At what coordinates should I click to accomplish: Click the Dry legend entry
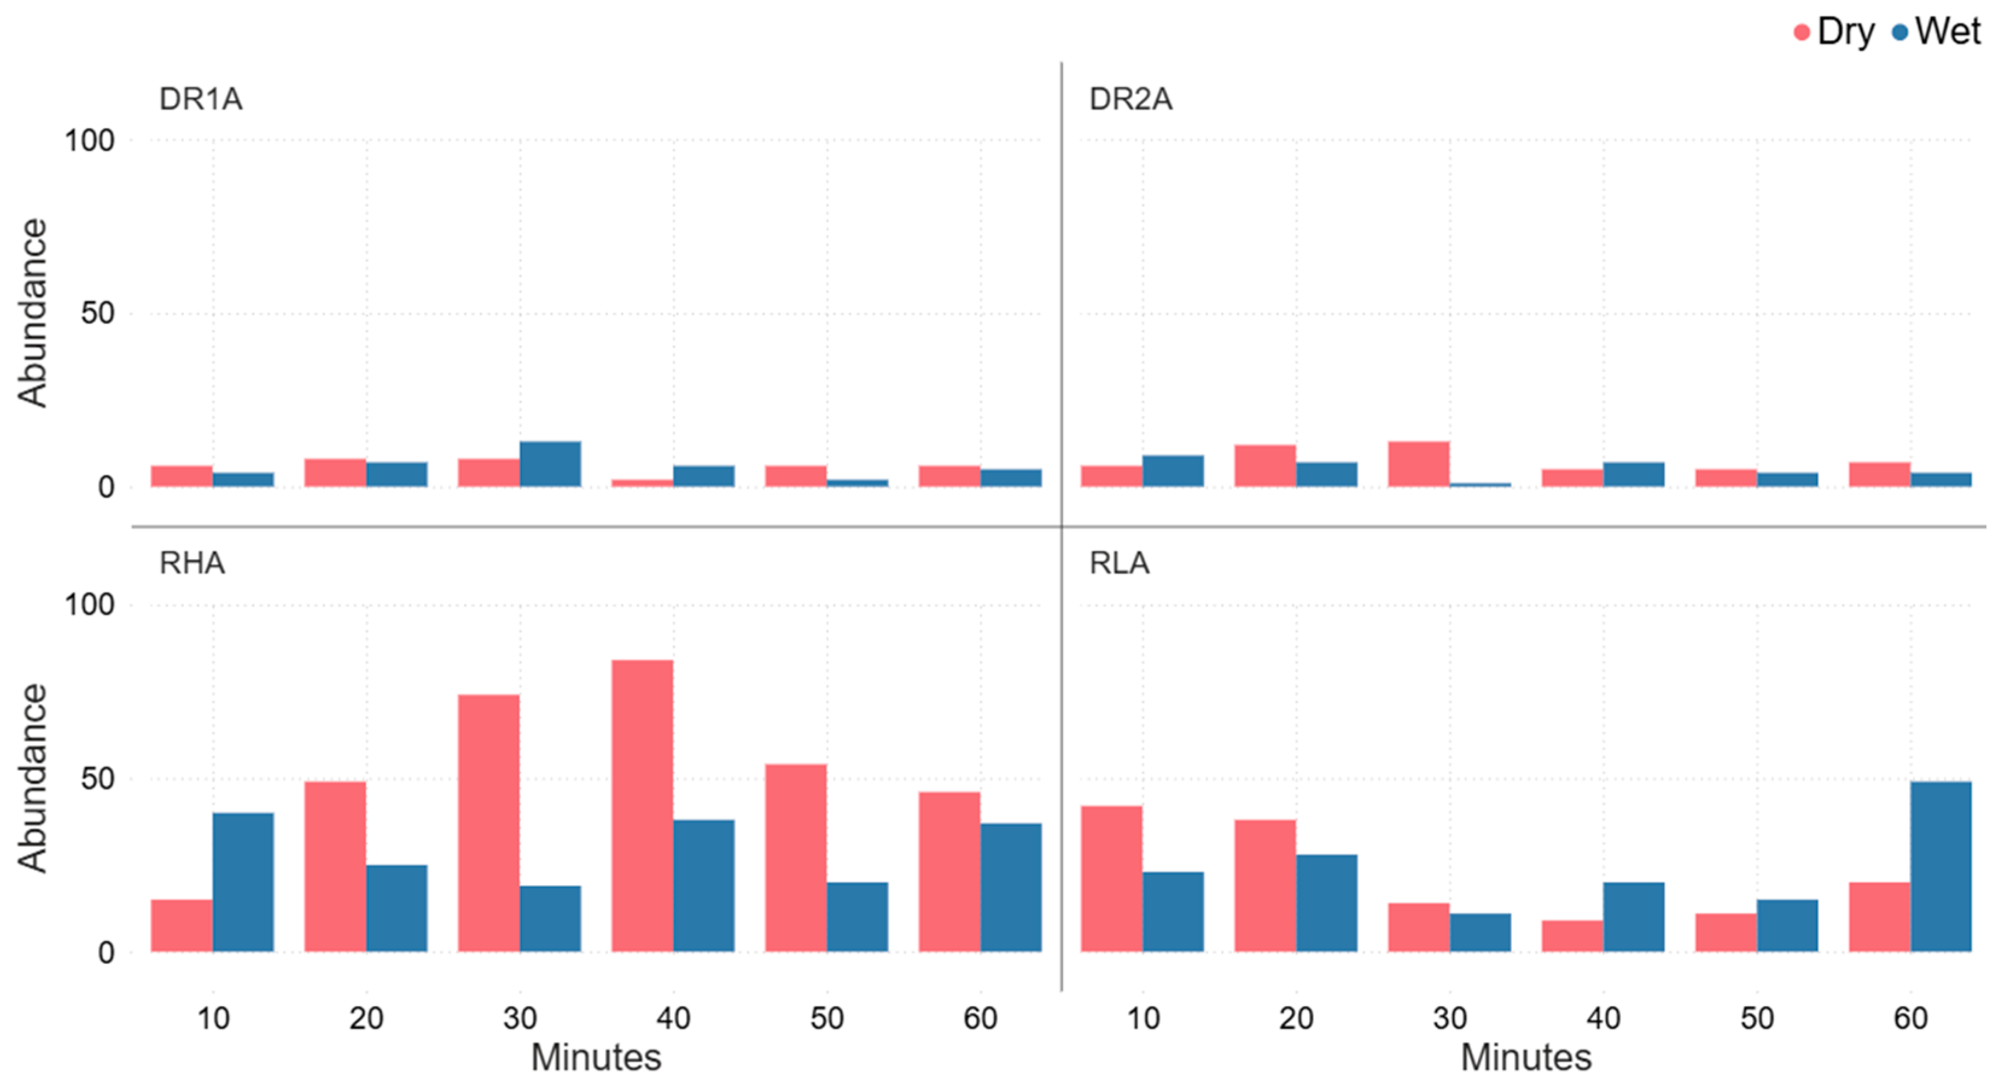coord(1834,32)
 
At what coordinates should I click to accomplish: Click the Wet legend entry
coord(1936,32)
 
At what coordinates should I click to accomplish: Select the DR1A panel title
coord(200,99)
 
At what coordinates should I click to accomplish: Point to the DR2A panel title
coord(1130,99)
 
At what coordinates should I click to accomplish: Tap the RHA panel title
coord(192,563)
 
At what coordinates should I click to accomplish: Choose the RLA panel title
coord(1119,563)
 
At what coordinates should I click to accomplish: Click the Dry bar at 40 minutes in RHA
coord(642,806)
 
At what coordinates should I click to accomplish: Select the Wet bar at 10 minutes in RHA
coord(243,883)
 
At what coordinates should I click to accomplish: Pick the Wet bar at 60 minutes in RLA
coord(1941,867)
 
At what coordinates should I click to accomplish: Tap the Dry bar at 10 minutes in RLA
coord(1112,878)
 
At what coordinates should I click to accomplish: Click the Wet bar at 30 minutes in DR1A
coord(550,464)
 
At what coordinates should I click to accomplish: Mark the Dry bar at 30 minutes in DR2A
coord(1419,464)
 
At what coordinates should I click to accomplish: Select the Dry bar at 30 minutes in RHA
coord(489,823)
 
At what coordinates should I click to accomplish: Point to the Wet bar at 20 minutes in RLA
coord(1327,903)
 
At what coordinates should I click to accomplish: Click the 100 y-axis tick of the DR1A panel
coord(89,141)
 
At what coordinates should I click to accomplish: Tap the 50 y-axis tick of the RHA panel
coord(98,779)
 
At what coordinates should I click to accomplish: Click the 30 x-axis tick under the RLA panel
coord(1450,1018)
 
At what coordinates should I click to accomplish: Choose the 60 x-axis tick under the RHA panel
coord(980,1018)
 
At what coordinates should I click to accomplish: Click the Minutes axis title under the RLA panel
coord(1526,1057)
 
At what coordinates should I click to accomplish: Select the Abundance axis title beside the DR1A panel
coord(33,313)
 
